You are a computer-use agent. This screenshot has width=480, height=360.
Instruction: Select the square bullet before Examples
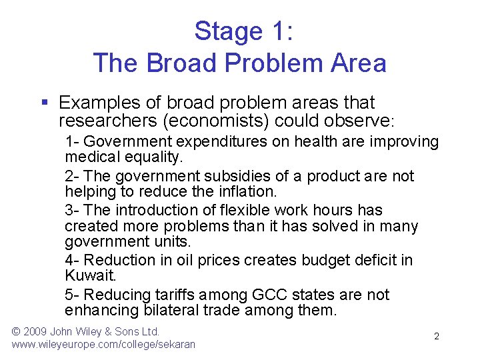click(x=44, y=103)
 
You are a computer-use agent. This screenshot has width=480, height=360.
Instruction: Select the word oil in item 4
click(x=186, y=260)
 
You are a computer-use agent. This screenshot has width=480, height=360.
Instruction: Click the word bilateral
click(x=178, y=311)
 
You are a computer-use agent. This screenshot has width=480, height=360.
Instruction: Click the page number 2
click(x=437, y=337)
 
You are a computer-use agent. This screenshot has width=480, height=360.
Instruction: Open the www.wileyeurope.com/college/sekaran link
click(x=103, y=345)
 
